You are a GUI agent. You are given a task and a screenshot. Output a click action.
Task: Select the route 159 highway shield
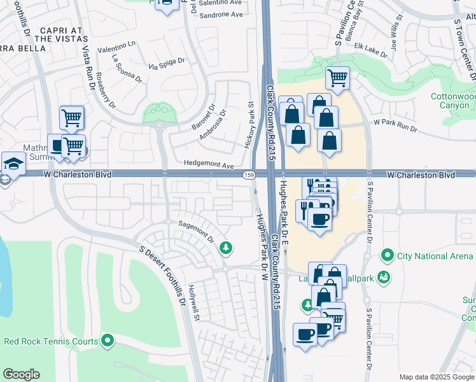pos(249,174)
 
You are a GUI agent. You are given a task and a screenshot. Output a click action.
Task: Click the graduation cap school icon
pos(13,164)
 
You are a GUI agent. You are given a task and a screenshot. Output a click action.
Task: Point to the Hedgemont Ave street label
pos(209,164)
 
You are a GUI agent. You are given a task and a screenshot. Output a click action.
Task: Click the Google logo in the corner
pos(21,374)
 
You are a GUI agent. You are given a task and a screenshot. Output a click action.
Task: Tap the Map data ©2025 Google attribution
pos(436,376)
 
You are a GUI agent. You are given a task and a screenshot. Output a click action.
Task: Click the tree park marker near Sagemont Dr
pos(225,247)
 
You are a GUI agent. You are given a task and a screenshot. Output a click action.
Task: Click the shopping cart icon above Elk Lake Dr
pos(337,78)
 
